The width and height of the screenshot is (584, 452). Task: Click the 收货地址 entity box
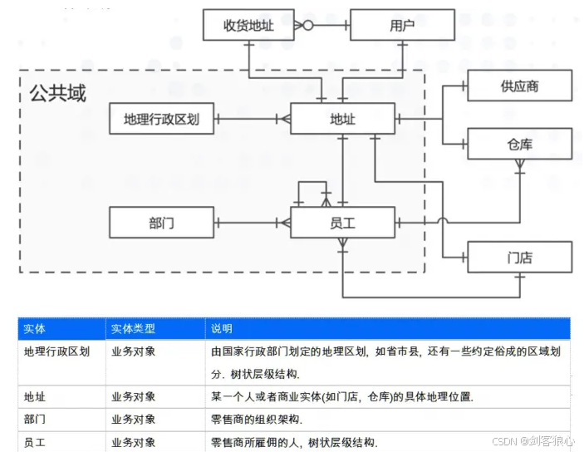click(x=249, y=25)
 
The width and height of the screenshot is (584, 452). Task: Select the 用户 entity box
click(x=402, y=25)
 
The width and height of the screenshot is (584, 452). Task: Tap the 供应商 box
click(x=519, y=86)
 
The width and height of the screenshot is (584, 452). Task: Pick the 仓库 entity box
click(x=519, y=144)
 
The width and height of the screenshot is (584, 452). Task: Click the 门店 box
click(x=519, y=258)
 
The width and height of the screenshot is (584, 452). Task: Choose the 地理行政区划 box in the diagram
click(x=161, y=119)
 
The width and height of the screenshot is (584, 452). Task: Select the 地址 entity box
click(x=342, y=119)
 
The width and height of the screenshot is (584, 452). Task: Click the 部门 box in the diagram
click(x=161, y=222)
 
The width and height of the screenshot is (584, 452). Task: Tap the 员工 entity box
click(x=342, y=222)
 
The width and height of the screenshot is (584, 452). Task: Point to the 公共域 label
click(x=57, y=93)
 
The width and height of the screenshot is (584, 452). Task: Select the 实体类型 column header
click(x=133, y=329)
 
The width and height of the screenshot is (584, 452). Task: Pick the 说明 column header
click(x=222, y=329)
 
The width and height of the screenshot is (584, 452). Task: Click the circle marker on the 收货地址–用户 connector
click(x=307, y=25)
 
